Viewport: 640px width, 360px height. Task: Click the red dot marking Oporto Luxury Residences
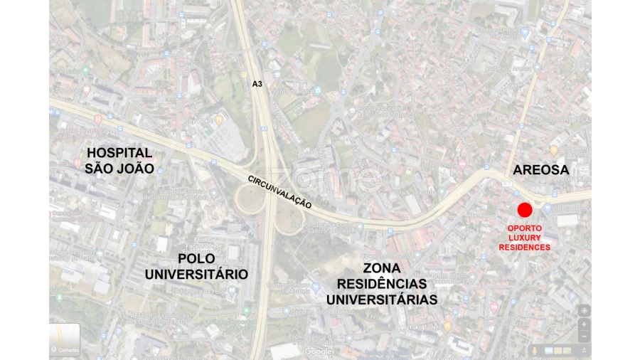[524, 210]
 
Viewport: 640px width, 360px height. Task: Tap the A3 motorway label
[257, 84]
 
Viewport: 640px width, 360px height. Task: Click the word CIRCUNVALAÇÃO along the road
[279, 191]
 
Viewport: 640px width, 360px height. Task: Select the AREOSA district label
[541, 170]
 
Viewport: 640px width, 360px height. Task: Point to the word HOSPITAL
[119, 153]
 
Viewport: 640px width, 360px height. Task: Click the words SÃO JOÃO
[119, 169]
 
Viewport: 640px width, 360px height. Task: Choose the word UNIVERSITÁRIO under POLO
[196, 274]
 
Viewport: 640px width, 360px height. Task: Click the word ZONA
[381, 268]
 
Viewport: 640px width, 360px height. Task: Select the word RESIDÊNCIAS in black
[381, 284]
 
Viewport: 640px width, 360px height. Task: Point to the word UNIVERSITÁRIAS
[381, 300]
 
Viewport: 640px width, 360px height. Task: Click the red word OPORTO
[524, 228]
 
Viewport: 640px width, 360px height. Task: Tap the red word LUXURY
[524, 238]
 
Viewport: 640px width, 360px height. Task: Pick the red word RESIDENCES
[524, 247]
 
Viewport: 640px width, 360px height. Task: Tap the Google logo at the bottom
[318, 351]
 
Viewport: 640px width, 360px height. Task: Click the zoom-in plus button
[584, 324]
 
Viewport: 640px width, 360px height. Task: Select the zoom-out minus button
[584, 336]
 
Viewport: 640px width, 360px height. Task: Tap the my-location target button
[584, 311]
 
